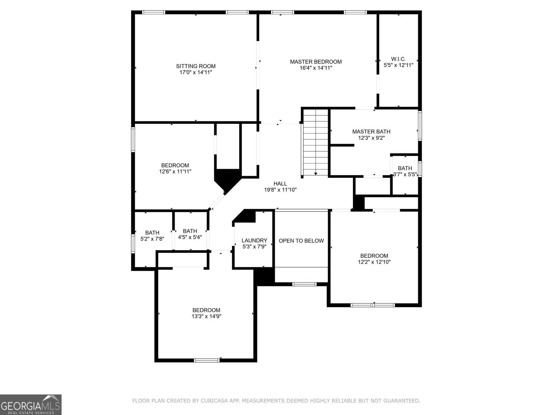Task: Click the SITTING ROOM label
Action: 196,66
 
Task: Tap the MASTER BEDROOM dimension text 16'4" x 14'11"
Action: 316,68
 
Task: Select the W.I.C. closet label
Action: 398,59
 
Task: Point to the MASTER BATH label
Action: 371,131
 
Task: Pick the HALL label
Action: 280,184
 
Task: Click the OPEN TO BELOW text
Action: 301,241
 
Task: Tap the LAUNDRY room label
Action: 254,240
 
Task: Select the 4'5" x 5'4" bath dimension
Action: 190,237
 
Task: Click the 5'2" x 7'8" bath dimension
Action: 152,239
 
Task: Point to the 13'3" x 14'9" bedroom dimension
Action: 206,316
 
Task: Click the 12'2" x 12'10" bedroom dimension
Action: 374,262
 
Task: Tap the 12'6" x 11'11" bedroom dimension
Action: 175,171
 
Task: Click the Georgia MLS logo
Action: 31,405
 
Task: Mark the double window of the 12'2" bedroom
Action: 373,305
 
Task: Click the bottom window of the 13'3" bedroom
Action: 207,360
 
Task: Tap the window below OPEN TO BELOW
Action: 304,284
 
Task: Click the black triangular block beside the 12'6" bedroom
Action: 226,178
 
